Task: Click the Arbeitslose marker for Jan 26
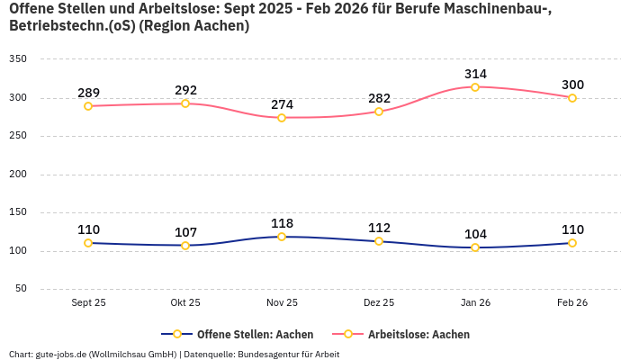pos(475,87)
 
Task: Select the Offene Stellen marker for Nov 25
pos(282,237)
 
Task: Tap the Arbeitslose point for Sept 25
pos(88,106)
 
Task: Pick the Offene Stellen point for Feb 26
pos(572,243)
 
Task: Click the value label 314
pos(475,74)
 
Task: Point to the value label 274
pos(282,104)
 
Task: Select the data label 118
pos(282,223)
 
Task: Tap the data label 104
pos(475,234)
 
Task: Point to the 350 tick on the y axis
pos(18,59)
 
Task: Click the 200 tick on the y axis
pos(18,175)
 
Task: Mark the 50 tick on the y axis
pos(21,289)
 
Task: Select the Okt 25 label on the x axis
pos(185,303)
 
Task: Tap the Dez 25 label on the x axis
pos(379,303)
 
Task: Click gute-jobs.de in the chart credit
pos(60,355)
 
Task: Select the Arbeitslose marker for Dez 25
pos(379,112)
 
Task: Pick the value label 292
pos(185,90)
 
